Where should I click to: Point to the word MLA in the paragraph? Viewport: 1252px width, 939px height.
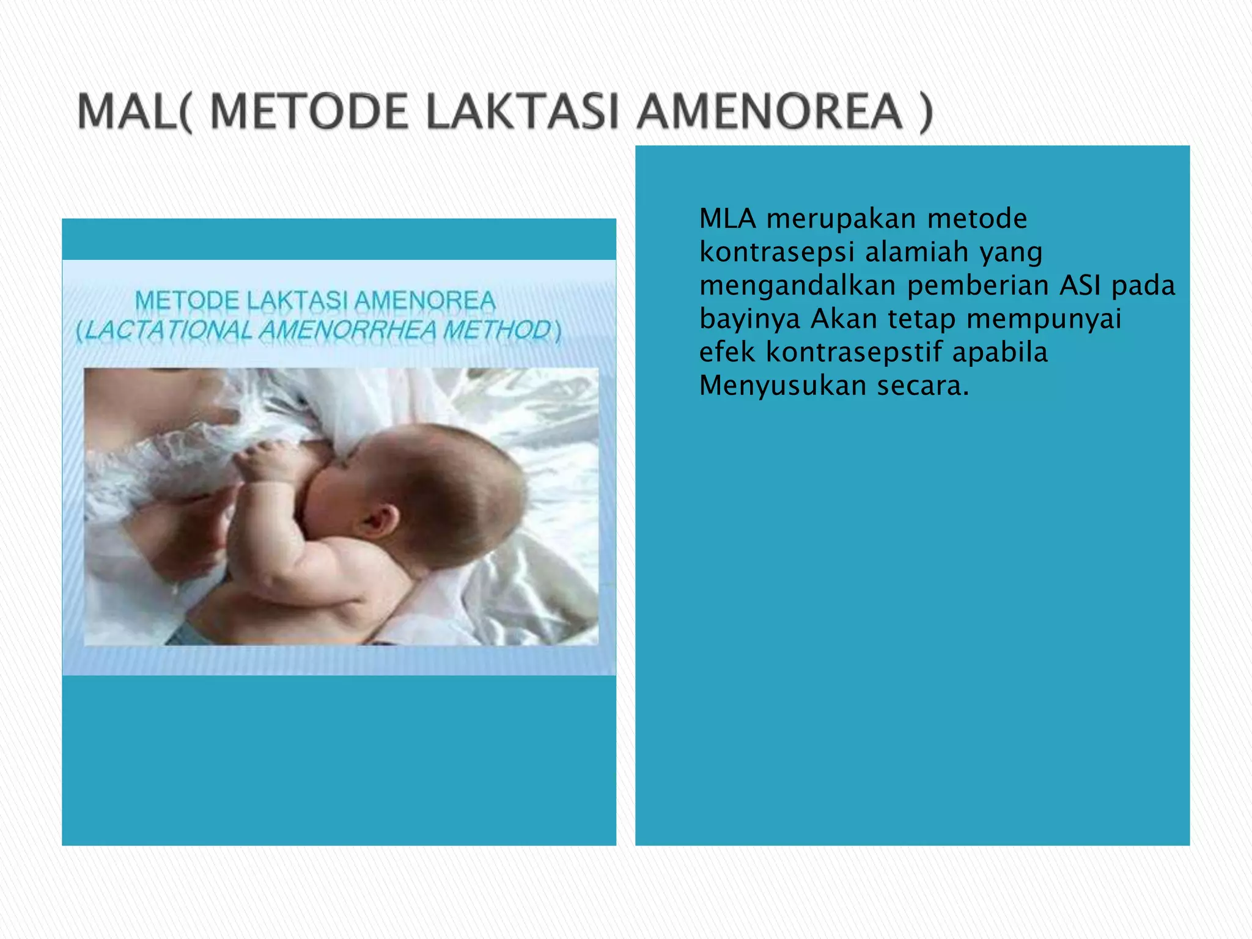click(x=727, y=218)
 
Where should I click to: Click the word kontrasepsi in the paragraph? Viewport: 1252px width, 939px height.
click(x=776, y=252)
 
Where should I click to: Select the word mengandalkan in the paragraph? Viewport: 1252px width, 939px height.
click(x=797, y=285)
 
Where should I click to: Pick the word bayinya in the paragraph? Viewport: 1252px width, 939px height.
click(x=749, y=319)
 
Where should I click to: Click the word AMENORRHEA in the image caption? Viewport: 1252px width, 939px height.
click(x=348, y=331)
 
